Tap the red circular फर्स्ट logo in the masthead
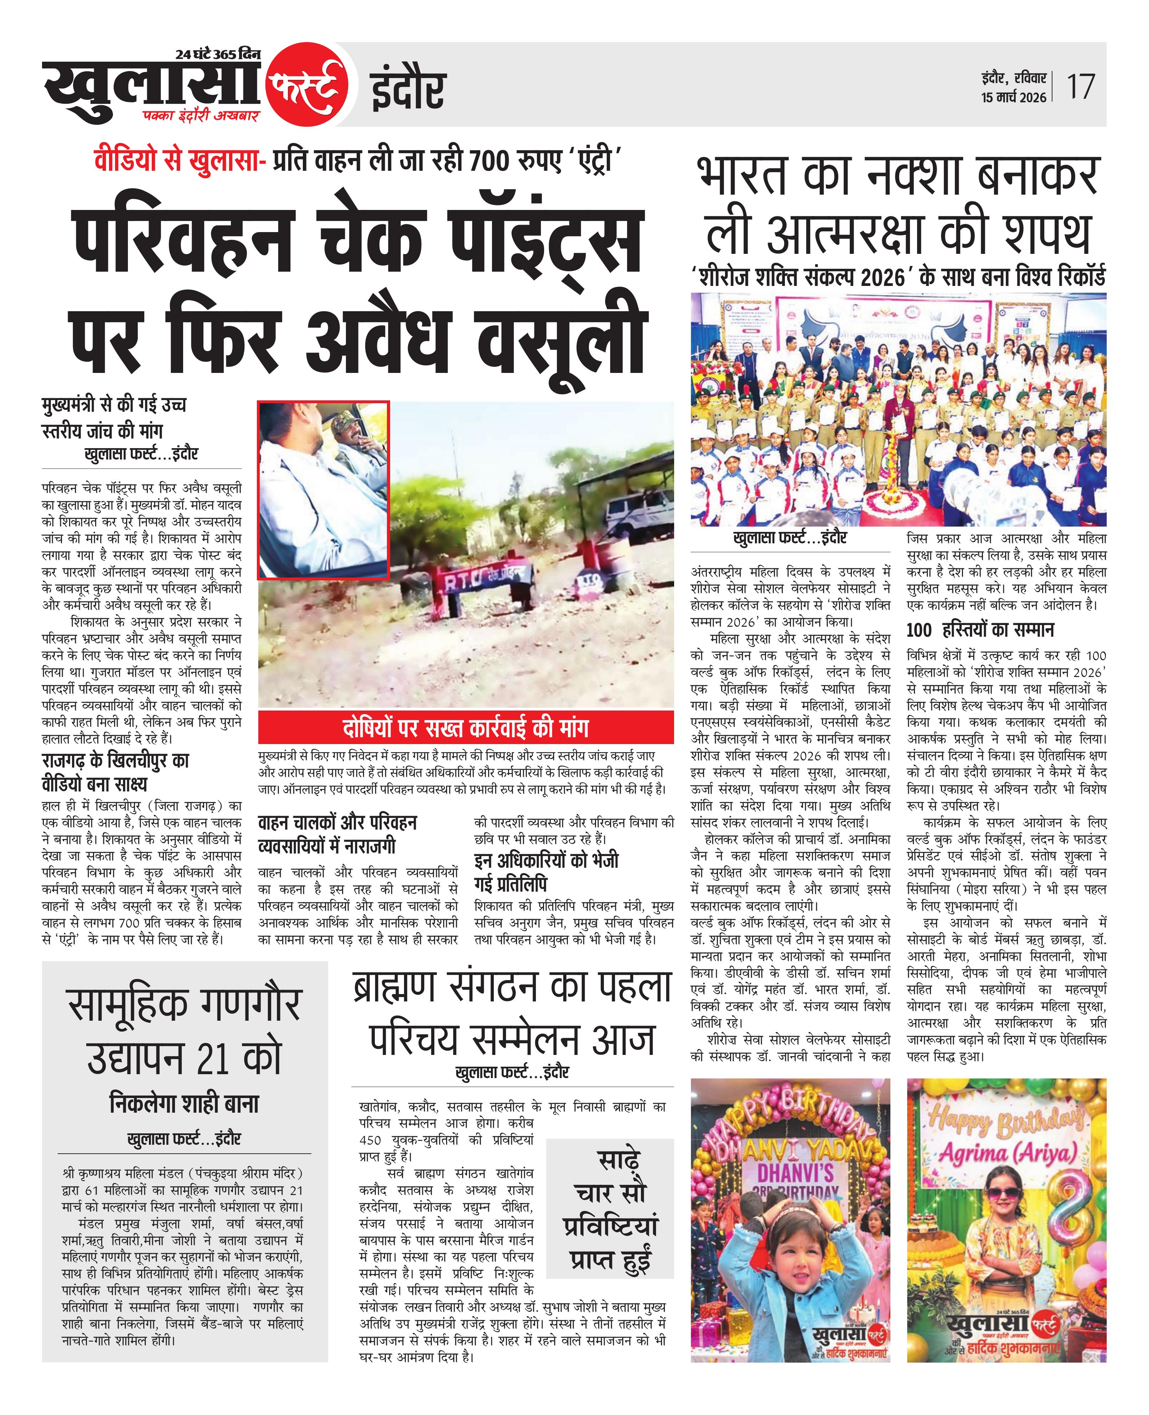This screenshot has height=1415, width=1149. [x=306, y=87]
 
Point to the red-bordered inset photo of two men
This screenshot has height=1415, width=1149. [x=323, y=490]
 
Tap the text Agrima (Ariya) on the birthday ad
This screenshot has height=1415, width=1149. [x=1007, y=1154]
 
